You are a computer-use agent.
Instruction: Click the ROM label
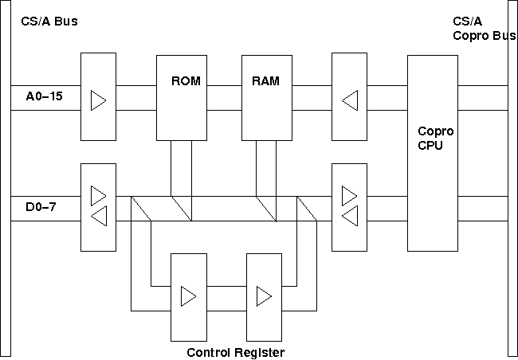[184, 80]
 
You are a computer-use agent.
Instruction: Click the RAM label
[265, 80]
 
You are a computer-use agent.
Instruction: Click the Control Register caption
[235, 352]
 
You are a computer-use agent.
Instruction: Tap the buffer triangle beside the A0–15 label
[98, 100]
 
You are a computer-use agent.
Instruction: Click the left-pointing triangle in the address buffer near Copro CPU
[349, 100]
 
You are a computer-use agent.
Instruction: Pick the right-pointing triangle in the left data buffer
[98, 195]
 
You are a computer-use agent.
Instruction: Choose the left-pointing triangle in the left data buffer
[98, 217]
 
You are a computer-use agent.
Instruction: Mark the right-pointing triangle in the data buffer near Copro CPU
[349, 195]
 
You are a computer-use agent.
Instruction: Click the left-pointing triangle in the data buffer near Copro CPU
[349, 217]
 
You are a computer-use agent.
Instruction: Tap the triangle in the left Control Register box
[187, 296]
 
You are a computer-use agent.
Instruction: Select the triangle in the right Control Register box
[263, 296]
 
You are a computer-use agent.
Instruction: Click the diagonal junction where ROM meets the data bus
[181, 209]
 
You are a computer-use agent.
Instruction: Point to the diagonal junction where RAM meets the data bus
[265, 209]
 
